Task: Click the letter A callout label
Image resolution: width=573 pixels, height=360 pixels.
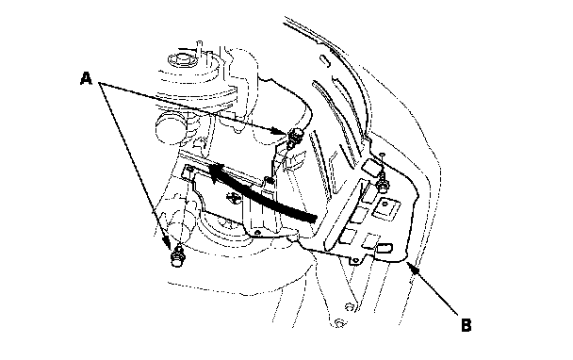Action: coord(86,78)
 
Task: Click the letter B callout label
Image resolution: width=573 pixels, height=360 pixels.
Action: coord(467,325)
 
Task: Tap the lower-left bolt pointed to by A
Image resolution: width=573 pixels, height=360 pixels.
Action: coord(177,255)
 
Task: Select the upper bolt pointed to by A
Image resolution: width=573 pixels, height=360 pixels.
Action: coord(295,137)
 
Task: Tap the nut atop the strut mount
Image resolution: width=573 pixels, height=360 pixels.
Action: coord(182,59)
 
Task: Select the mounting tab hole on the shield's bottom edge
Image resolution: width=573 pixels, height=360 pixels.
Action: coord(355,260)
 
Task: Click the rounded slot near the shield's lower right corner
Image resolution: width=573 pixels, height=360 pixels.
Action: coord(385,248)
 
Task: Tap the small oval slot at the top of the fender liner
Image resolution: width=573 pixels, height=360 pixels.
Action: coord(325,60)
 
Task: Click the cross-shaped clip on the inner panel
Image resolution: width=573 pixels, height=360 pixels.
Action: coord(232,198)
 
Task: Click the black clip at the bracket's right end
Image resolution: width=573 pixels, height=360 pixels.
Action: coord(270,180)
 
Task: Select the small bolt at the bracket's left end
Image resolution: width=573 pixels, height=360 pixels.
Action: coord(189,168)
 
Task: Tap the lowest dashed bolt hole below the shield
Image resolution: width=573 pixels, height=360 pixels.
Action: coord(338,322)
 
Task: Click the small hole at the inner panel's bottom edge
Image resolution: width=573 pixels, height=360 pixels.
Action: coord(257,232)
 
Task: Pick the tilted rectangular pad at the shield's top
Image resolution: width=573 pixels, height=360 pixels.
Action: coord(371,167)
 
